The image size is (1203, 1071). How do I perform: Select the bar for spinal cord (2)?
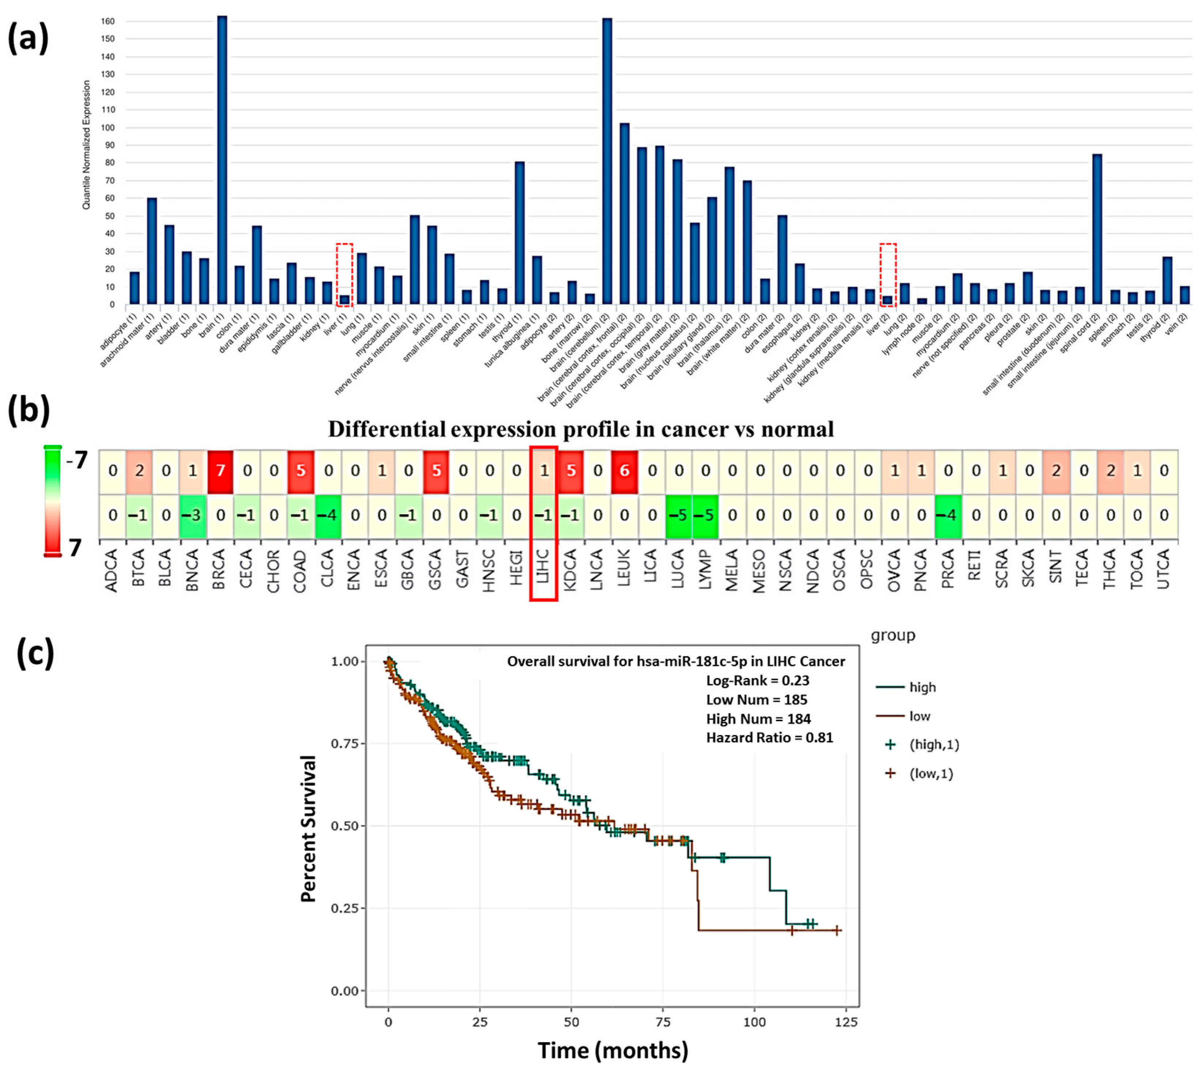pyautogui.click(x=1097, y=230)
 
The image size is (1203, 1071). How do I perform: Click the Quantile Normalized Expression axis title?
pyautogui.click(x=87, y=145)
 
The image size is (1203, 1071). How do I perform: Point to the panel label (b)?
pyautogui.click(x=28, y=410)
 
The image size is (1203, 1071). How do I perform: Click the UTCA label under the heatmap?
pyautogui.click(x=1164, y=568)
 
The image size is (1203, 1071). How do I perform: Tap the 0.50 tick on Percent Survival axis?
pyautogui.click(x=344, y=826)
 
